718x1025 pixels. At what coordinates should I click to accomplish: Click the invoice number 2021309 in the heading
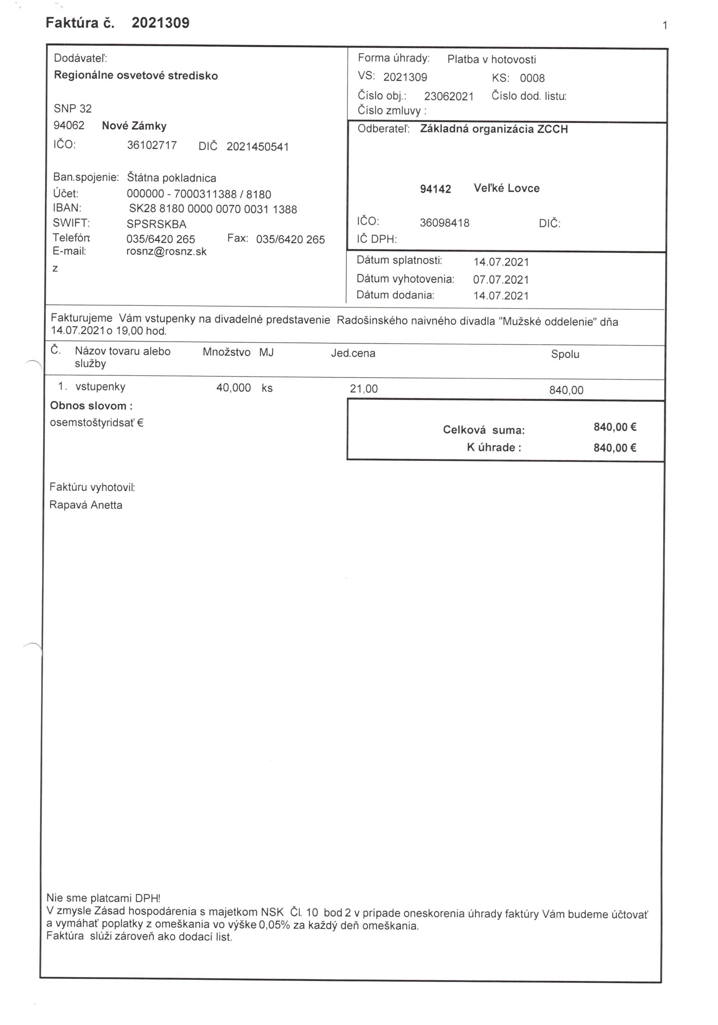coord(160,23)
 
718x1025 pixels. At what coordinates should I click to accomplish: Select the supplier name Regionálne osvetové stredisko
coord(136,75)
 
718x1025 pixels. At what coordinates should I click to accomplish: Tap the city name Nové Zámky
coord(134,126)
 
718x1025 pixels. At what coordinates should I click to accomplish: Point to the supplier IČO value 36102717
coord(152,145)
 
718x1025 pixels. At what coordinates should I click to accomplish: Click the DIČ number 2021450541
coord(258,147)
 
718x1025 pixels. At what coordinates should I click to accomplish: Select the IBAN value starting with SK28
coord(213,209)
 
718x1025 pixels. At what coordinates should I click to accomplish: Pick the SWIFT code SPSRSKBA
coord(156,224)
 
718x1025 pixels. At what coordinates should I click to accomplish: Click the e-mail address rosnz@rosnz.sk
coord(166,252)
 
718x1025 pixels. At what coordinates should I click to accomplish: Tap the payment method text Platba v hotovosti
coord(491,59)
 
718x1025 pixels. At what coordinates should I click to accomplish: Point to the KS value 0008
coord(532,78)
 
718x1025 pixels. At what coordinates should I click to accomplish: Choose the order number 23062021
coord(449,96)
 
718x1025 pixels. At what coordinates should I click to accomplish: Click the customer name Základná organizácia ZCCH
coord(494,129)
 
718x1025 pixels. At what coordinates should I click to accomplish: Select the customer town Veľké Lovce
coord(506,188)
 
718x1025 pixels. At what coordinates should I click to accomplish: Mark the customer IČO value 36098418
coord(444,223)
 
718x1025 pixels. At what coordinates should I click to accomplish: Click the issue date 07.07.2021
coord(501,280)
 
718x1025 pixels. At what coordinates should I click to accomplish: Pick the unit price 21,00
coord(364,389)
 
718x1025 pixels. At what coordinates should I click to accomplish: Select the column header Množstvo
coord(226,352)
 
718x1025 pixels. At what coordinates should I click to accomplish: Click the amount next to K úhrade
coord(615,448)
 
